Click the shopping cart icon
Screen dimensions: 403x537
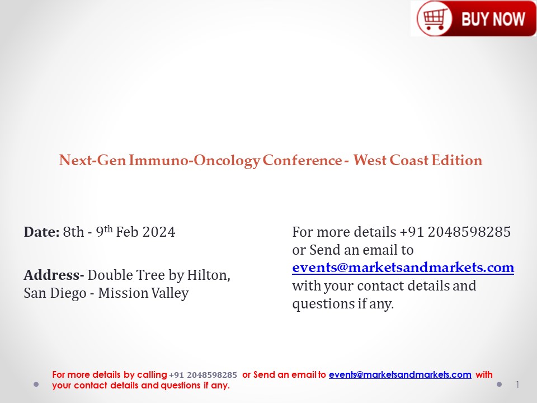434,19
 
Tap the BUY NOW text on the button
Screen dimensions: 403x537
493,19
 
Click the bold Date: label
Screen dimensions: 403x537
41,232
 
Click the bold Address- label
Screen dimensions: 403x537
54,275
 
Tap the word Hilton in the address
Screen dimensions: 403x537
208,275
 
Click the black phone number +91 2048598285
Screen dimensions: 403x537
455,232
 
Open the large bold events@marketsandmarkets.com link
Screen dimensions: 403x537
403,268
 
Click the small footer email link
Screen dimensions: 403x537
400,375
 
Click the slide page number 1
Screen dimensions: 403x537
518,385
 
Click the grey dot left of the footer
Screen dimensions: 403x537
36,385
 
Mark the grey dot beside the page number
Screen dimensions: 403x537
499,385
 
